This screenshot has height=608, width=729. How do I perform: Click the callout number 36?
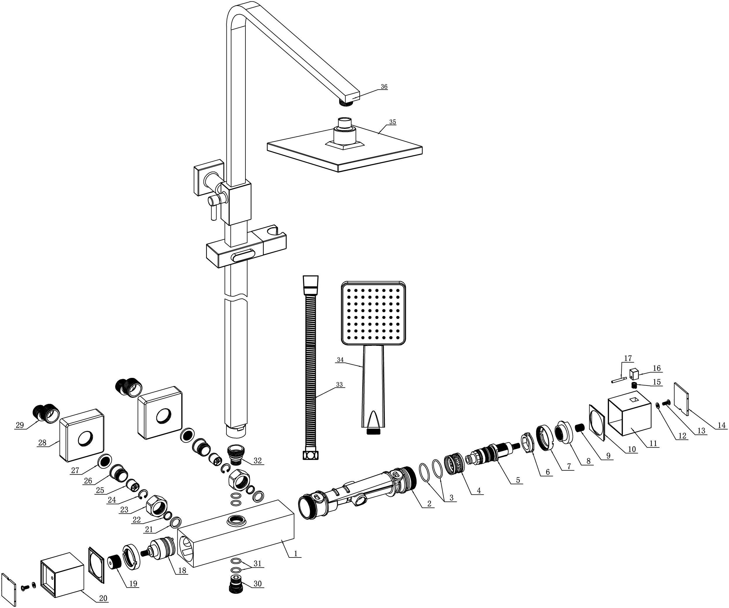pos(384,87)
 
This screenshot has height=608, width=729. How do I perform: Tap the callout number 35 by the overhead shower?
pos(392,122)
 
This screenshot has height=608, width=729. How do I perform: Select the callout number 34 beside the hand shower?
pos(340,360)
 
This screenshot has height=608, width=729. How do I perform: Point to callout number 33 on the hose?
pos(339,385)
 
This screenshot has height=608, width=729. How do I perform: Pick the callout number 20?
pos(103,598)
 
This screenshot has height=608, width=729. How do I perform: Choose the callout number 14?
pos(722,425)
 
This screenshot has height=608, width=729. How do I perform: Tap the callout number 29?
pos(20,425)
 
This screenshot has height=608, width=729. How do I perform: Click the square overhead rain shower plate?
pos(345,151)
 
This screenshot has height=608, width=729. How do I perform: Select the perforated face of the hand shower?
pos(373,313)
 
